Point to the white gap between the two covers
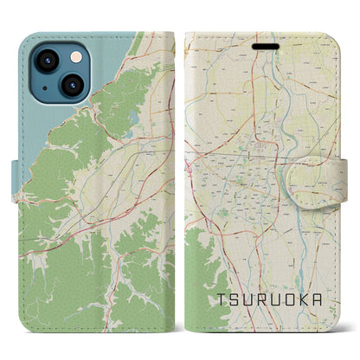180,173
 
